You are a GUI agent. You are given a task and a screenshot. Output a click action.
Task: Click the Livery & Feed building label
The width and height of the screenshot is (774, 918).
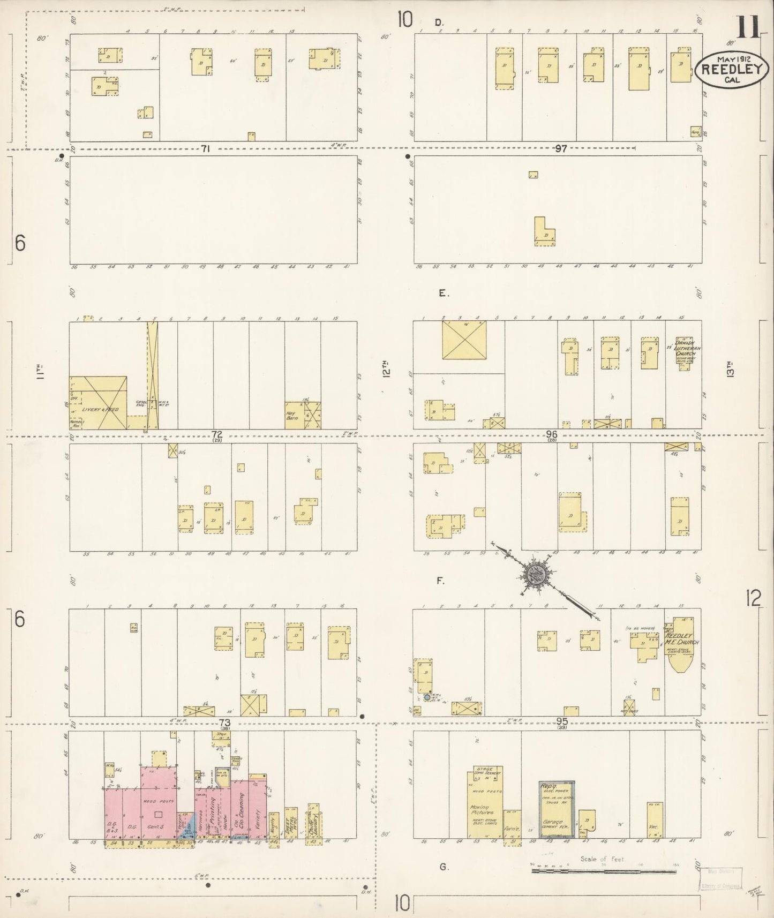coord(100,409)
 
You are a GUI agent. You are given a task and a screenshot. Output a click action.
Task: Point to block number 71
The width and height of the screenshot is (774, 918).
coord(205,149)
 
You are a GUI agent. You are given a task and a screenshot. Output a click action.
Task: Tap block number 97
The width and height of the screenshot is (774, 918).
coord(560,148)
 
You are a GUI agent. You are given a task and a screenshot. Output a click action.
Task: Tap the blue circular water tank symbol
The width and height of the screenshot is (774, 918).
coord(427,697)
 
